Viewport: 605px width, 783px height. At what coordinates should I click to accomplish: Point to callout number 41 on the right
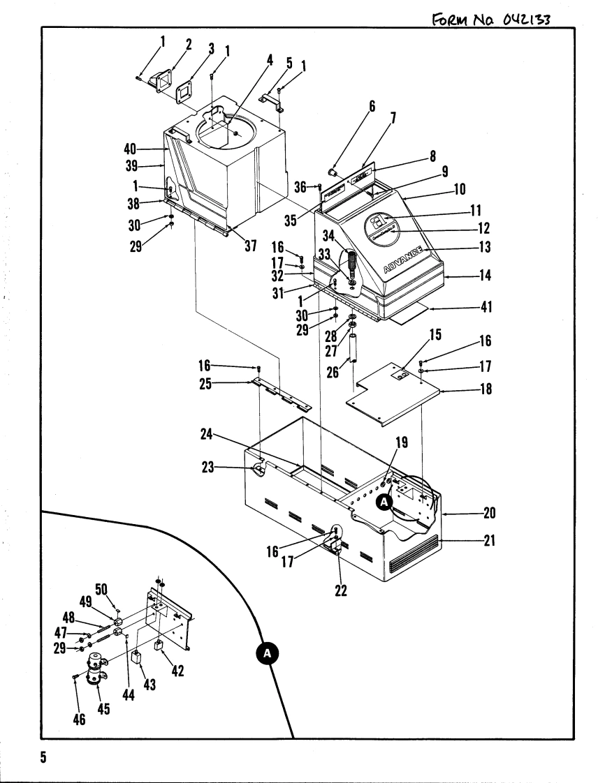tap(482, 308)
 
